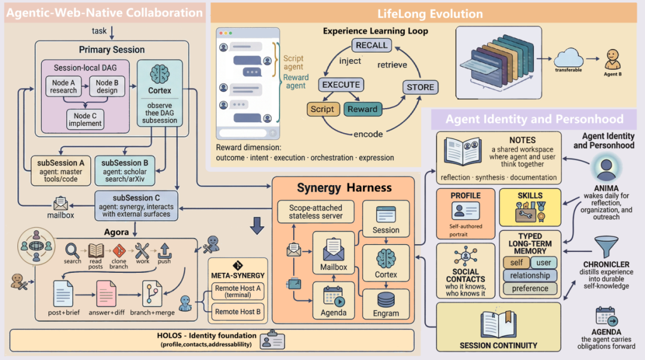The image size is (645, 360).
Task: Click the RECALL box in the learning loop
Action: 371,45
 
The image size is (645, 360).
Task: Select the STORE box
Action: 420,87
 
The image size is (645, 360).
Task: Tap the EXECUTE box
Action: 341,85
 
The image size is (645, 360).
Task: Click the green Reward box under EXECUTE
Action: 363,109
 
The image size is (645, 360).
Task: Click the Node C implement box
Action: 85,120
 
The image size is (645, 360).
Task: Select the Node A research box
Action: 63,87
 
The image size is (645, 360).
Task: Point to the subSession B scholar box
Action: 124,170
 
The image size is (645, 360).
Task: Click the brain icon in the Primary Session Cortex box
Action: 159,75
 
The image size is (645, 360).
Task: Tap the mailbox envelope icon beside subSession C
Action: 62,203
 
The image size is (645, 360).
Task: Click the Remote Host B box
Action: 237,311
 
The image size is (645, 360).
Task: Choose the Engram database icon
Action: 386,299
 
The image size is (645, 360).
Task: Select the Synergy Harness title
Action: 345,188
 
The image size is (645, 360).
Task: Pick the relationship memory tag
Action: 530,275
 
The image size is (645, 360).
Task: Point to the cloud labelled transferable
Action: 567,59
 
